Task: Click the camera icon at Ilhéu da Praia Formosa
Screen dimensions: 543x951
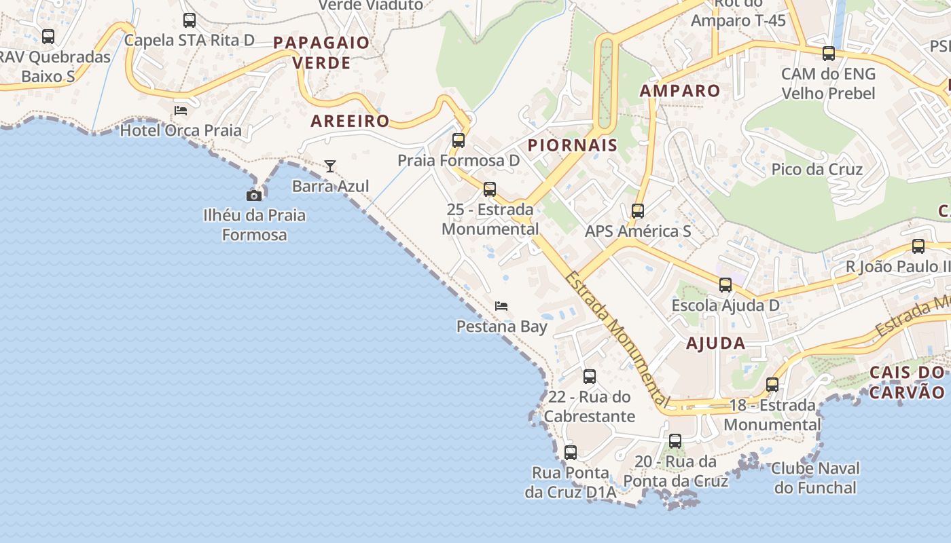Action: [254, 195]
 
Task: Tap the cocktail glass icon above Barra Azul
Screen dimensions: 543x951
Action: [330, 166]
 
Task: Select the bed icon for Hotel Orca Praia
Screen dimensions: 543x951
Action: [181, 110]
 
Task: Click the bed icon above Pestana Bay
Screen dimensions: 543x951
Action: [501, 306]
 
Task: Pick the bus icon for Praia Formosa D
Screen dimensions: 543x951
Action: [459, 141]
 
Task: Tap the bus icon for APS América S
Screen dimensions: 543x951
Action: [637, 211]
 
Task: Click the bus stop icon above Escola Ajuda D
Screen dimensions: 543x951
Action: [725, 285]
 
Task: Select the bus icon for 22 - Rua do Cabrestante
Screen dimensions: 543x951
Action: [590, 377]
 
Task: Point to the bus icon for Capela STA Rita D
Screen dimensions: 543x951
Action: [190, 20]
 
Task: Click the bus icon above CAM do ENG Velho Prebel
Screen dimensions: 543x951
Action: [829, 54]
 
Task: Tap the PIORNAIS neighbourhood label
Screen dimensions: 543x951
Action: [573, 145]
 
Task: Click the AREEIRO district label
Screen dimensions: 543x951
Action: [350, 121]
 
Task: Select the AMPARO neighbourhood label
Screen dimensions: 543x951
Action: [680, 90]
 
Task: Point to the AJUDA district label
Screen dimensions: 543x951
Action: [715, 343]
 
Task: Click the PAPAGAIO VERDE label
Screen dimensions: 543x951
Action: [321, 53]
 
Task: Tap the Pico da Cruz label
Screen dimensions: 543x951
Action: [817, 169]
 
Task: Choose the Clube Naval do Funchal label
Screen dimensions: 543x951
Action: [816, 478]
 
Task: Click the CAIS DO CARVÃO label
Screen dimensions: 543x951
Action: [907, 382]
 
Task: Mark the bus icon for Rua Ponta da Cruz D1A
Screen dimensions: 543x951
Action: [571, 453]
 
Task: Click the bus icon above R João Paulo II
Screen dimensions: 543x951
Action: [918, 246]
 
